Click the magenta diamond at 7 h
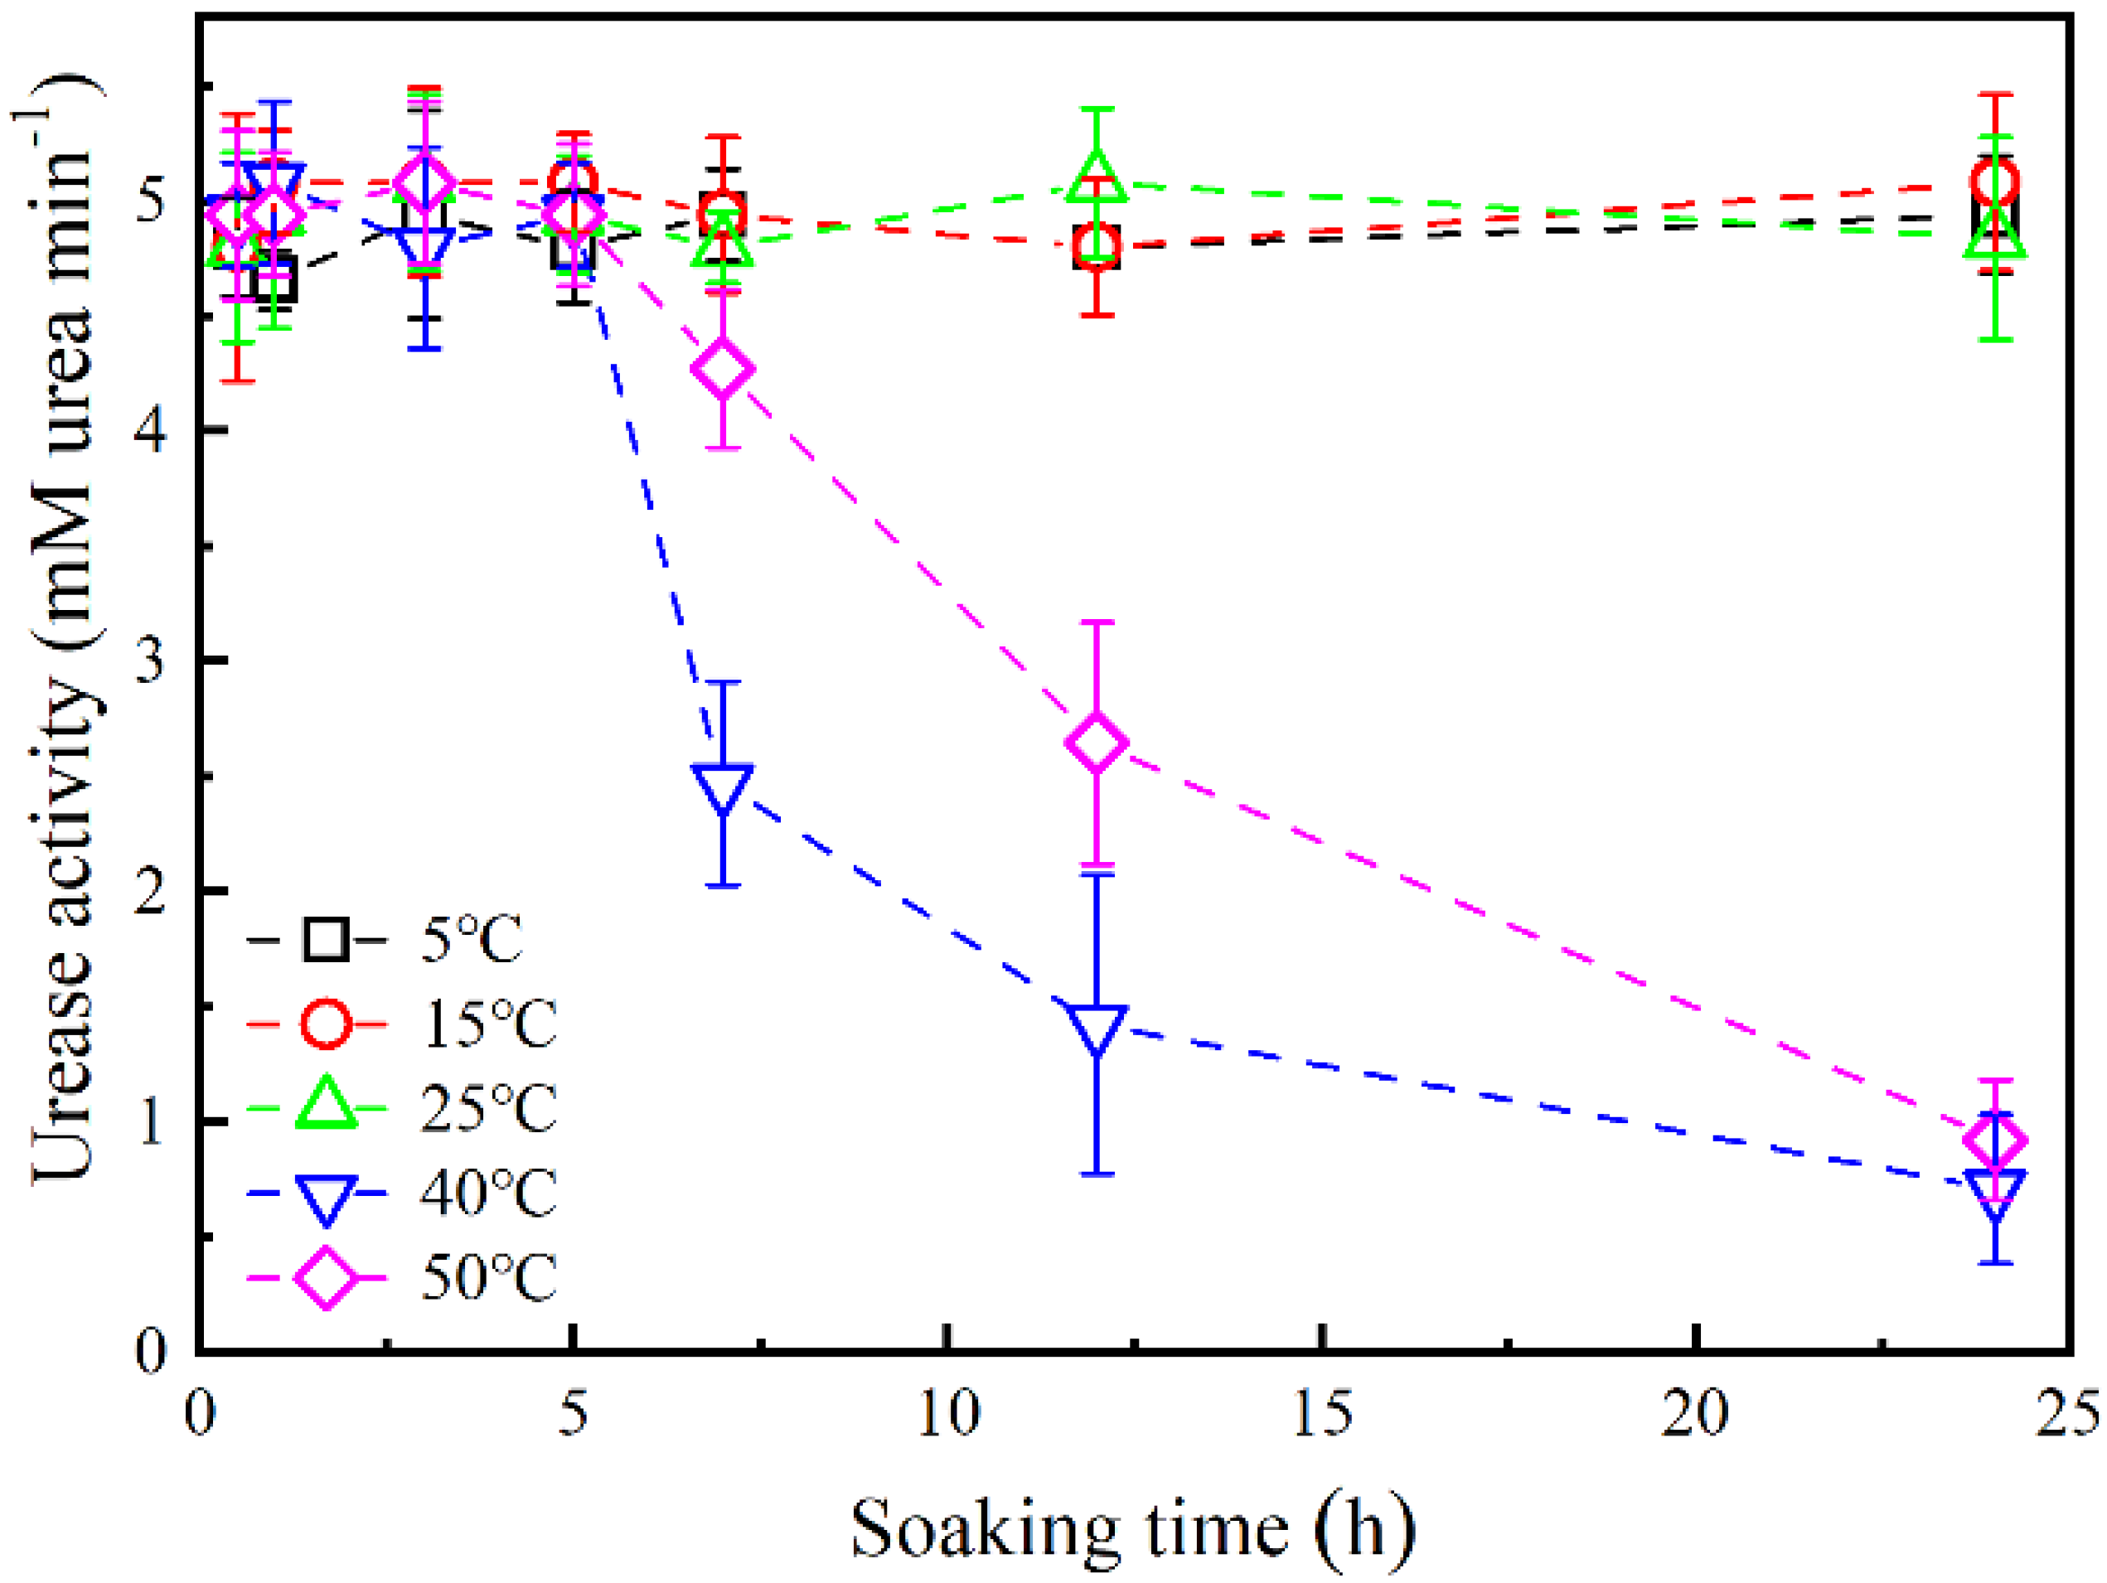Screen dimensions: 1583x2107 pos(724,369)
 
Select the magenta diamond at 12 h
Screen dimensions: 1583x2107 pos(1097,743)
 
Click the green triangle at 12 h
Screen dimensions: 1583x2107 pos(1097,177)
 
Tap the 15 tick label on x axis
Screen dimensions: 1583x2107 pos(1322,1412)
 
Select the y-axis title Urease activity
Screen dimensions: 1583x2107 pos(63,628)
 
